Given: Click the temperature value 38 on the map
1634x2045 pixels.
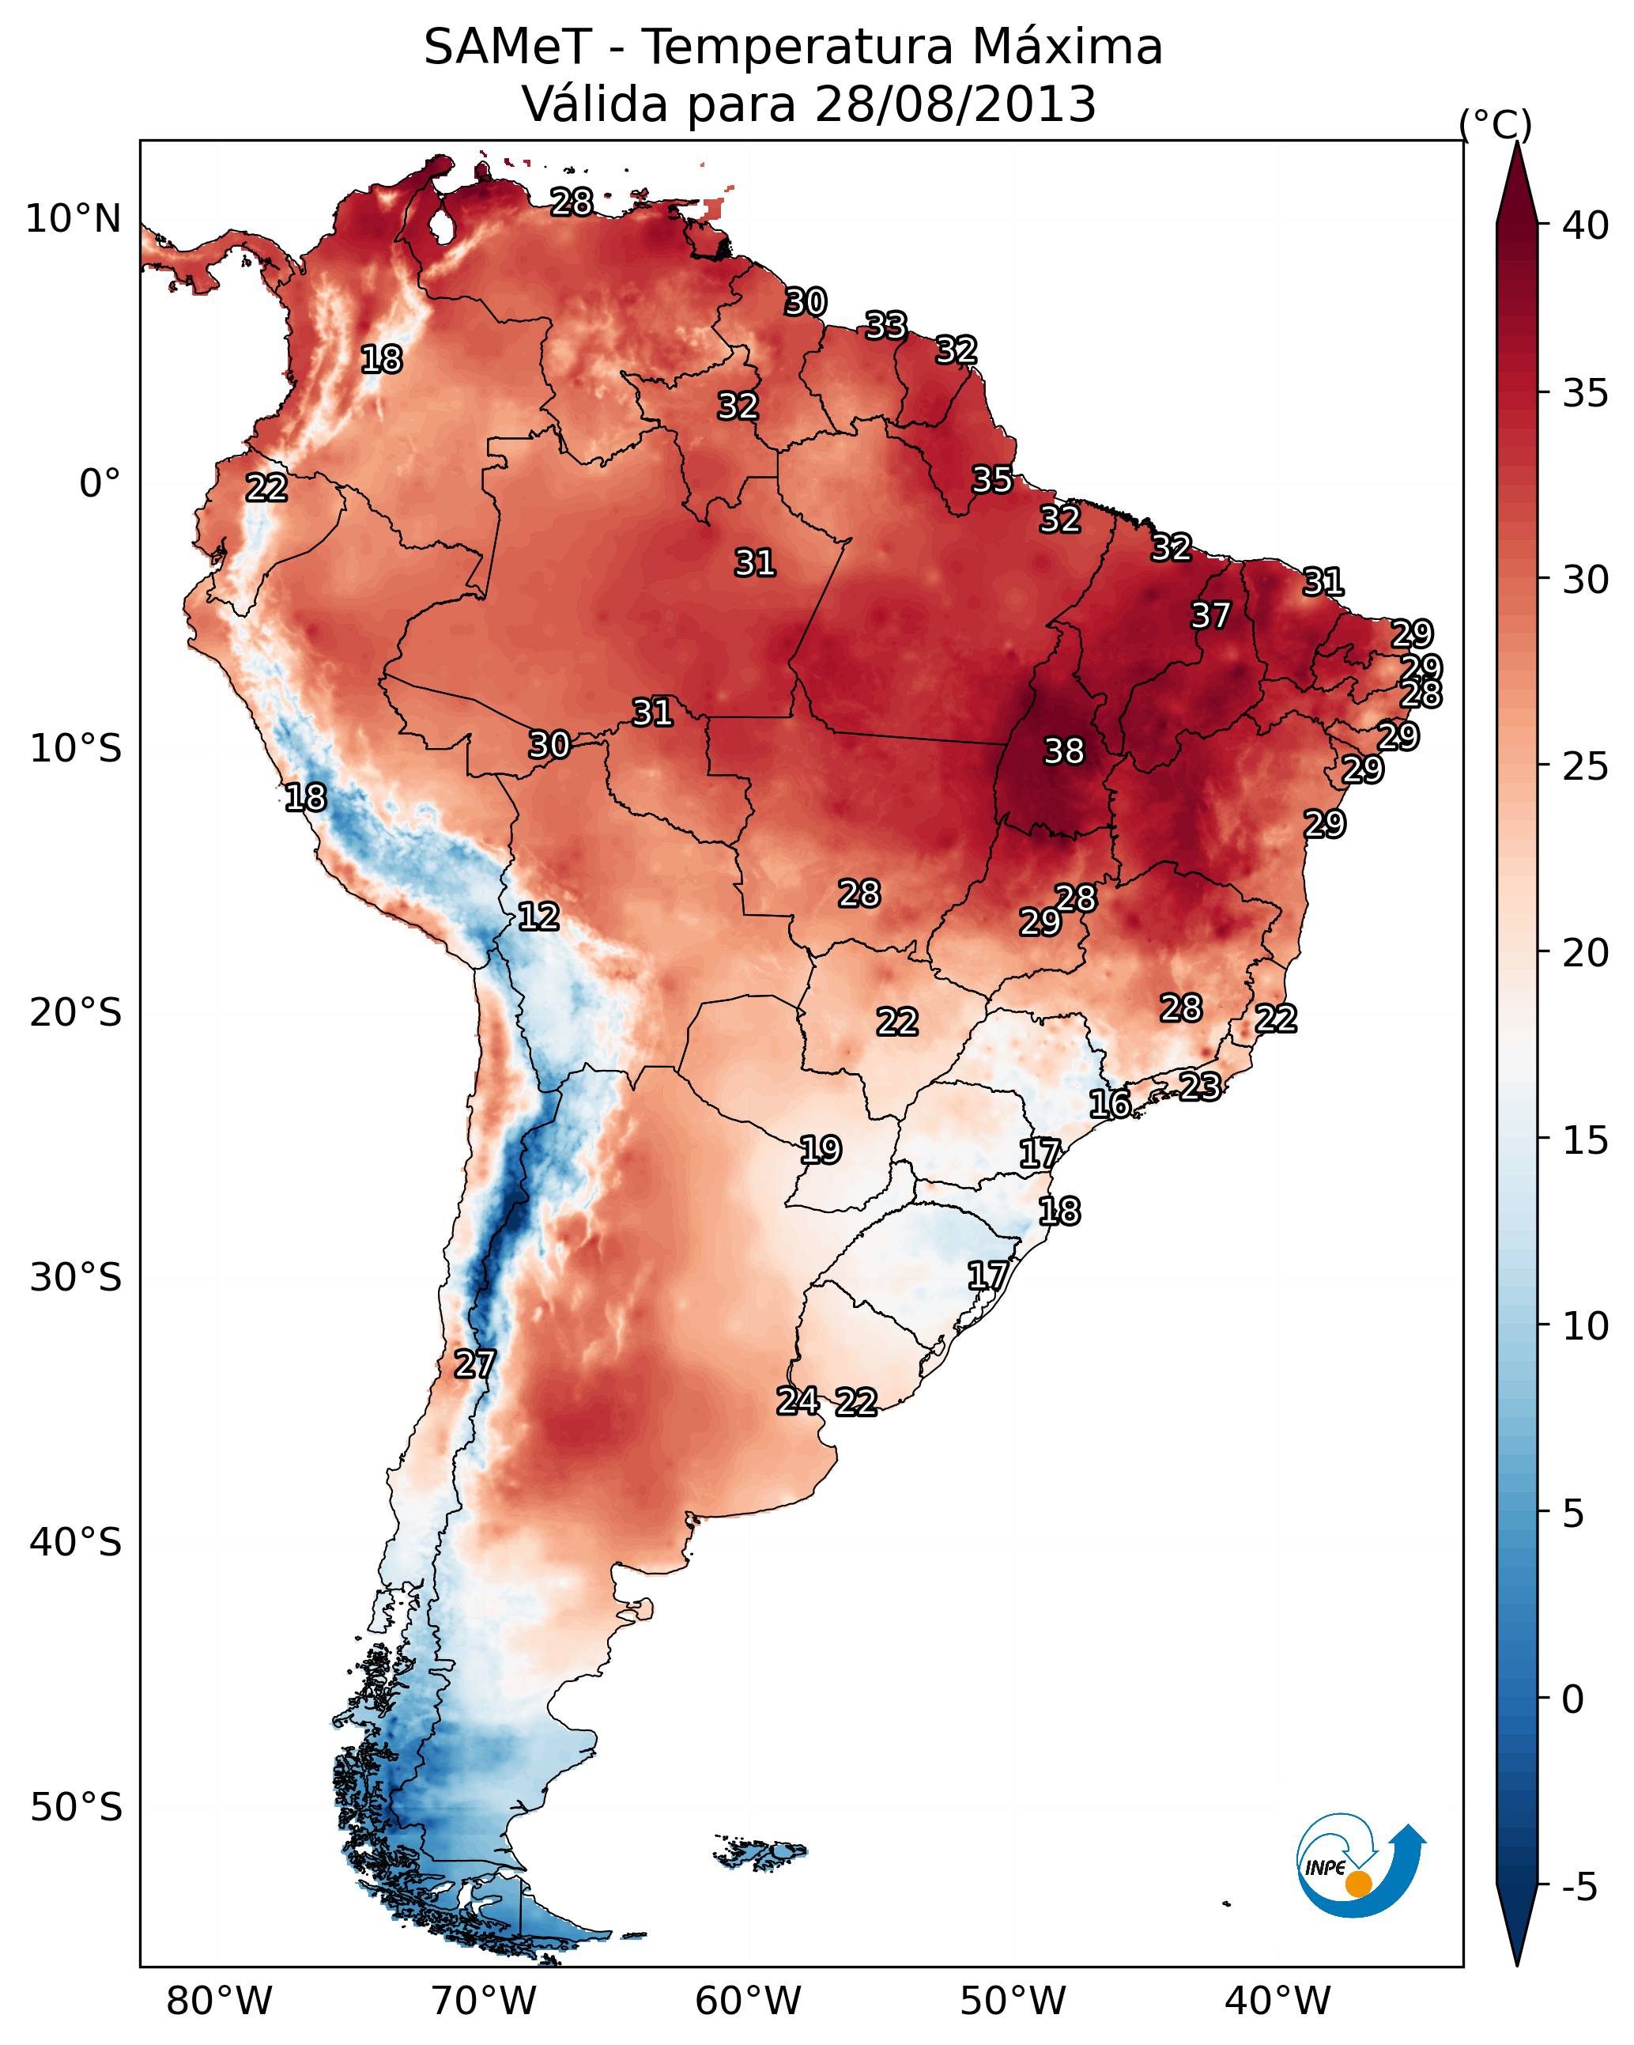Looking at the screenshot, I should click(1063, 751).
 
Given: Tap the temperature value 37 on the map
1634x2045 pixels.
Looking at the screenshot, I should click(1210, 615).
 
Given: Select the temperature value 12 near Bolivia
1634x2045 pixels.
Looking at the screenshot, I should click(538, 917).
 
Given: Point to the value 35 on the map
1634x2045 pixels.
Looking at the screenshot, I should click(992, 480).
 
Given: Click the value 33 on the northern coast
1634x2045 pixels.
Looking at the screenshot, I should click(885, 327).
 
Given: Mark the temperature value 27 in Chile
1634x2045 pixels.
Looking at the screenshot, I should click(474, 1364).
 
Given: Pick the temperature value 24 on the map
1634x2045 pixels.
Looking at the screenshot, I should click(798, 1401).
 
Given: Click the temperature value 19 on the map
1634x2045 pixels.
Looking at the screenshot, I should click(821, 1150).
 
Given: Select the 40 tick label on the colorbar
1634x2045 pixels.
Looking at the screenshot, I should click(1586, 225).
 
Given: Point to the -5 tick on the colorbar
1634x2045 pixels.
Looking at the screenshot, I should click(1579, 1888).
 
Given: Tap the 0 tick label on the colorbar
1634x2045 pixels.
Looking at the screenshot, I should click(1572, 1699).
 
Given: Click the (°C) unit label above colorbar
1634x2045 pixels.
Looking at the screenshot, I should click(1496, 124).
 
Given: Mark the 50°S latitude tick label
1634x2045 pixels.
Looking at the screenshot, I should click(76, 1808).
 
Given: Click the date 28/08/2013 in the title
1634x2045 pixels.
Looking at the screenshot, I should click(955, 104).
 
